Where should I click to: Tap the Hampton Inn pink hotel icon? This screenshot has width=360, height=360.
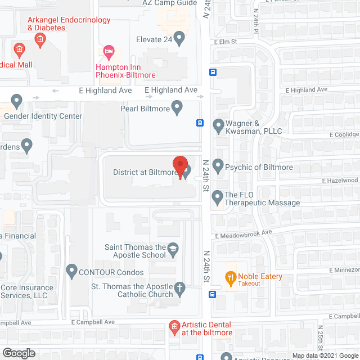point(109,53)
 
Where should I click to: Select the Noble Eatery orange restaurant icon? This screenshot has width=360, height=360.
point(230,277)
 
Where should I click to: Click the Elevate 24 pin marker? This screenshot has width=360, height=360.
point(179,39)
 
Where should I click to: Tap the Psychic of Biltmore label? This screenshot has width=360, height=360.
point(259,167)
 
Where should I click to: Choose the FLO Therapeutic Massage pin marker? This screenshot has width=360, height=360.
point(217,197)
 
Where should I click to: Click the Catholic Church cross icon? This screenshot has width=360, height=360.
point(179,289)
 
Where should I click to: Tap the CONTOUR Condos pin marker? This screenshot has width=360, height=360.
point(71,272)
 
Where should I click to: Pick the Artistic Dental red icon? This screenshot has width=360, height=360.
point(174,326)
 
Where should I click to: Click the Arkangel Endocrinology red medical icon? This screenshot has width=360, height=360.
point(39,39)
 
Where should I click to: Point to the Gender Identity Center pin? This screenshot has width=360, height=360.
point(16,102)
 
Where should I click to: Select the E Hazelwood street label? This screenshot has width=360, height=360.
point(340,181)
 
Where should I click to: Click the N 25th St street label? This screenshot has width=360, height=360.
point(320,337)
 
